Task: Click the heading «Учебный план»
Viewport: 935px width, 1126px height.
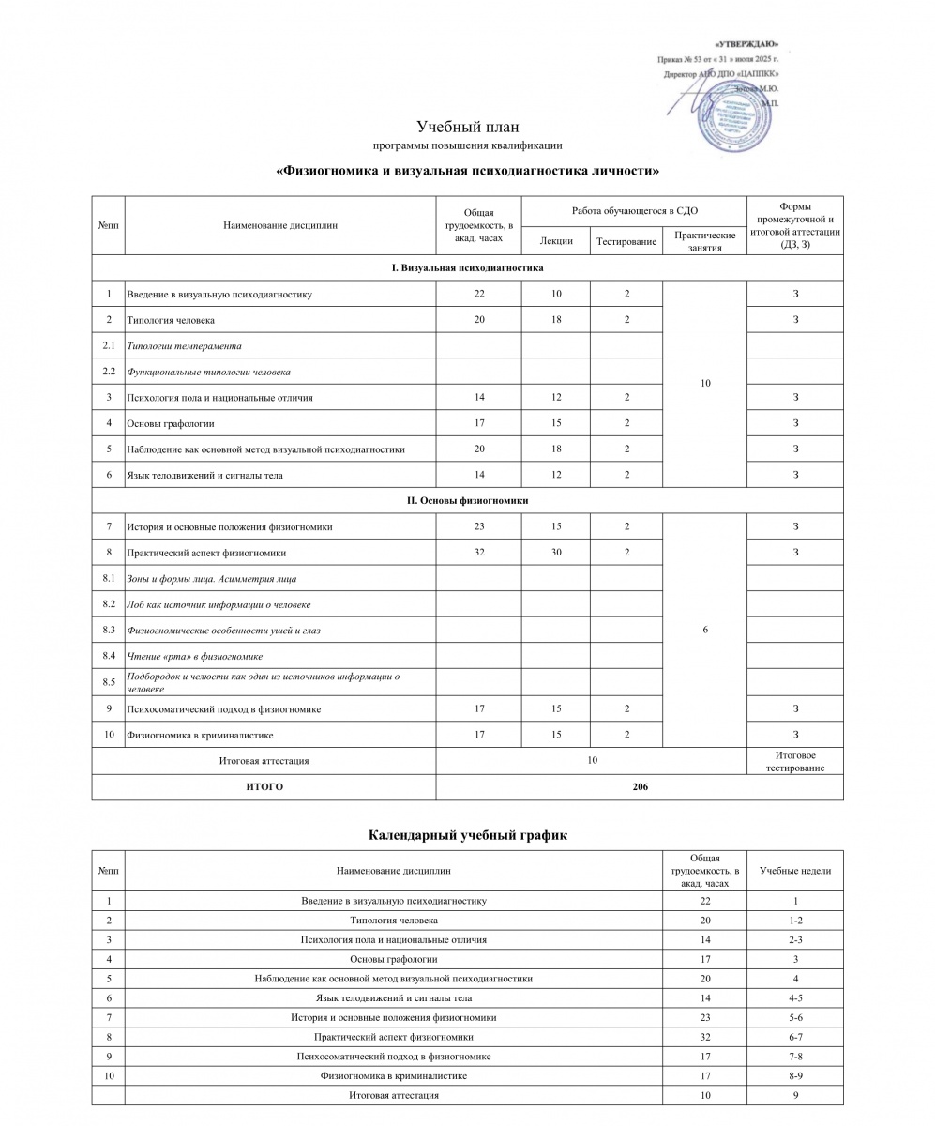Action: pos(467,127)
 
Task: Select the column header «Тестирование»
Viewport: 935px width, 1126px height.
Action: pos(626,242)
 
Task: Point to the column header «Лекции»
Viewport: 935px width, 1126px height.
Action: pos(556,242)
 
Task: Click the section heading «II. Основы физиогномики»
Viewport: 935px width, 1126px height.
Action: pos(467,501)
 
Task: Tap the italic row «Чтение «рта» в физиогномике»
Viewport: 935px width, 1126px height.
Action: pos(194,656)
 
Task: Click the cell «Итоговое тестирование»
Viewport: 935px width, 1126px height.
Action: pos(794,761)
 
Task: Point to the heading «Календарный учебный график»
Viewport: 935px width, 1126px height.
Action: pos(467,834)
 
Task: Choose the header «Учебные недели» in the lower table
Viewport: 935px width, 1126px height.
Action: pos(794,871)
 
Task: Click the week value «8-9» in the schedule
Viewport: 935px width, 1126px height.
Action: pos(794,1075)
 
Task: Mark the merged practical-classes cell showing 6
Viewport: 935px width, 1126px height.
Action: pos(704,631)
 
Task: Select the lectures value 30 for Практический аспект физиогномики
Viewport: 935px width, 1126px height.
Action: pos(556,553)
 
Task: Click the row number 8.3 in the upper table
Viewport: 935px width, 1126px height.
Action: pos(108,630)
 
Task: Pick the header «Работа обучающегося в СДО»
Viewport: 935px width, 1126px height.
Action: pos(634,210)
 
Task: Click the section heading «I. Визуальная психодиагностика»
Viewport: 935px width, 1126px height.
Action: pos(467,268)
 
